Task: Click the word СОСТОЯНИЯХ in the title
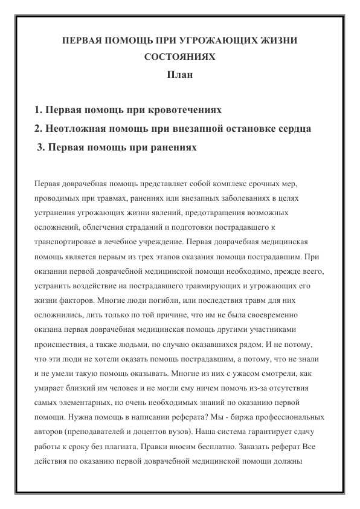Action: pos(180,59)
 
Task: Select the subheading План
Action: pos(180,76)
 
